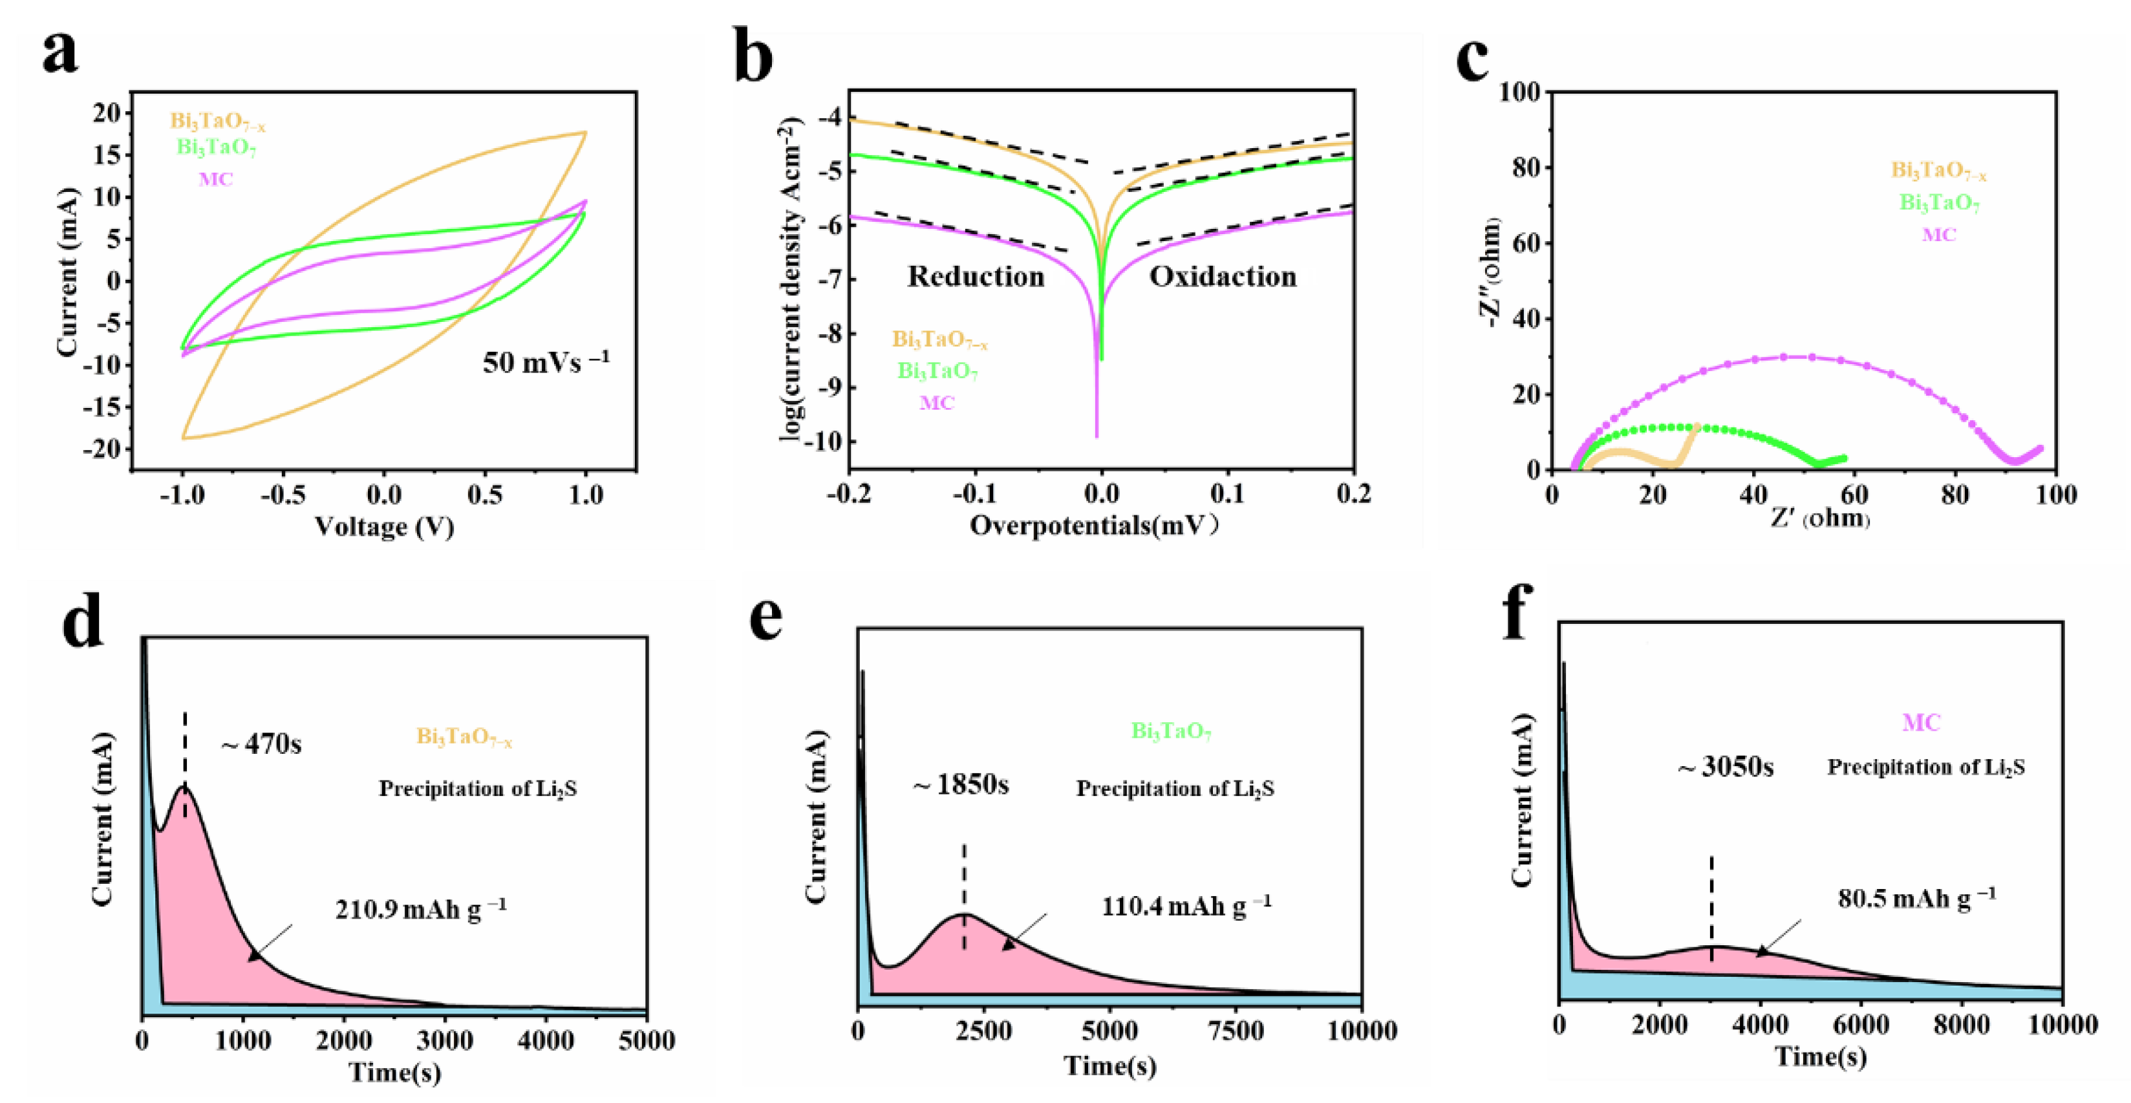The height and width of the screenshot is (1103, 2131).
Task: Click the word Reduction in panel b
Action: (976, 276)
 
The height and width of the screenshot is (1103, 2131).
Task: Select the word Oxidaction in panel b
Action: (1223, 276)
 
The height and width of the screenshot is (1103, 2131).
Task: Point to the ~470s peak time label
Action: (261, 744)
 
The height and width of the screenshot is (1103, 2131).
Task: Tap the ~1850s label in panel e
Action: (961, 784)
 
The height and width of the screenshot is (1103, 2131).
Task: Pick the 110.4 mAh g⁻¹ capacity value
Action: (1186, 905)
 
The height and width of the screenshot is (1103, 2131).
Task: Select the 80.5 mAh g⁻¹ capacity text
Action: (1916, 898)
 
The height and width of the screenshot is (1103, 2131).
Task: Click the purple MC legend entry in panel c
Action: (1938, 235)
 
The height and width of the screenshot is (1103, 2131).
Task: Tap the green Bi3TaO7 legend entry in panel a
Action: (216, 148)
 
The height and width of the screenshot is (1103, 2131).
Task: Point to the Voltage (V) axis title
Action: (384, 526)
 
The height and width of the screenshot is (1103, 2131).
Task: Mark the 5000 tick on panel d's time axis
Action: (646, 1040)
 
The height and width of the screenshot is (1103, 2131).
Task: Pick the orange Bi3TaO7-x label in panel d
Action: (464, 736)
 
